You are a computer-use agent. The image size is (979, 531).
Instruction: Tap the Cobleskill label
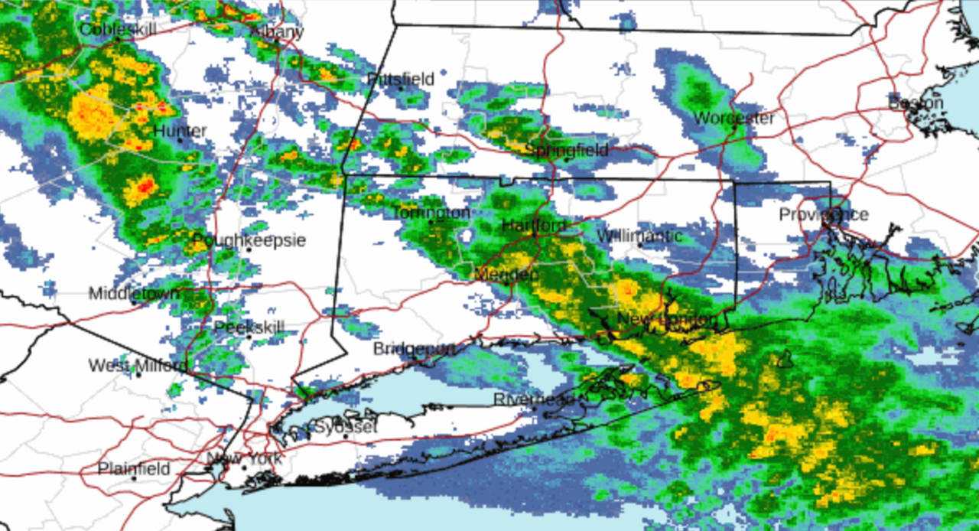118,30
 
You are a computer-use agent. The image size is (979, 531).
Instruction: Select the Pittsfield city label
401,79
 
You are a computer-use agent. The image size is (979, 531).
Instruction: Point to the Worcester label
733,118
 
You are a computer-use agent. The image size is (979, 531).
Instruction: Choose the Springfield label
567,150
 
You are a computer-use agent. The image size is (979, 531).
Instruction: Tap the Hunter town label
180,131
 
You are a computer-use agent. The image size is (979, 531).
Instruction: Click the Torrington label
431,213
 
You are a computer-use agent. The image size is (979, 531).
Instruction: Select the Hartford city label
535,226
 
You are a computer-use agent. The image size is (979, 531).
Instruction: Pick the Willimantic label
639,236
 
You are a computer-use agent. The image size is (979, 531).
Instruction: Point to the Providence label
823,214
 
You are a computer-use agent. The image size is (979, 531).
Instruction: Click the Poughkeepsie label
249,241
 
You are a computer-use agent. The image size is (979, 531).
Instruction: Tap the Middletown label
134,293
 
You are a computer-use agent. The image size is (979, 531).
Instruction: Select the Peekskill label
249,328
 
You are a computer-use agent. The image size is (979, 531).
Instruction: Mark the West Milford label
137,366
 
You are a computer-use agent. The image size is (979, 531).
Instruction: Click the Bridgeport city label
414,349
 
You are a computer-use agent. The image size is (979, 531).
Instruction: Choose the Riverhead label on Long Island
533,399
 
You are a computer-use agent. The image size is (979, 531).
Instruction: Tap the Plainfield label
134,469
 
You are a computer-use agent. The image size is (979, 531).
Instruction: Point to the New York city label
244,460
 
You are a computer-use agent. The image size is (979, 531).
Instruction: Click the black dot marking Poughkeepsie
249,249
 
